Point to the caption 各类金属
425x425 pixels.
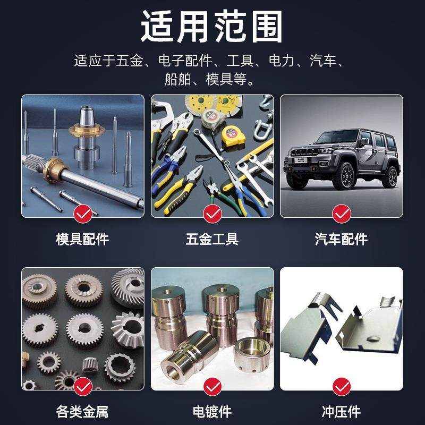coord(82,411)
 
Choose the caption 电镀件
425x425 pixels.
coord(212,411)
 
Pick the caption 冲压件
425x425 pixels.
coord(342,411)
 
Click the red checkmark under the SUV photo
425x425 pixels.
coord(342,214)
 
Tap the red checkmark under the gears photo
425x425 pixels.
coord(82,386)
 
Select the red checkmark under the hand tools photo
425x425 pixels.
coord(212,214)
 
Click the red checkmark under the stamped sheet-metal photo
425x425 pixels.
coord(342,386)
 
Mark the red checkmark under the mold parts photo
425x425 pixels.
coord(82,214)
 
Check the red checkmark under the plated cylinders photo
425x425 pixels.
coord(212,386)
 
